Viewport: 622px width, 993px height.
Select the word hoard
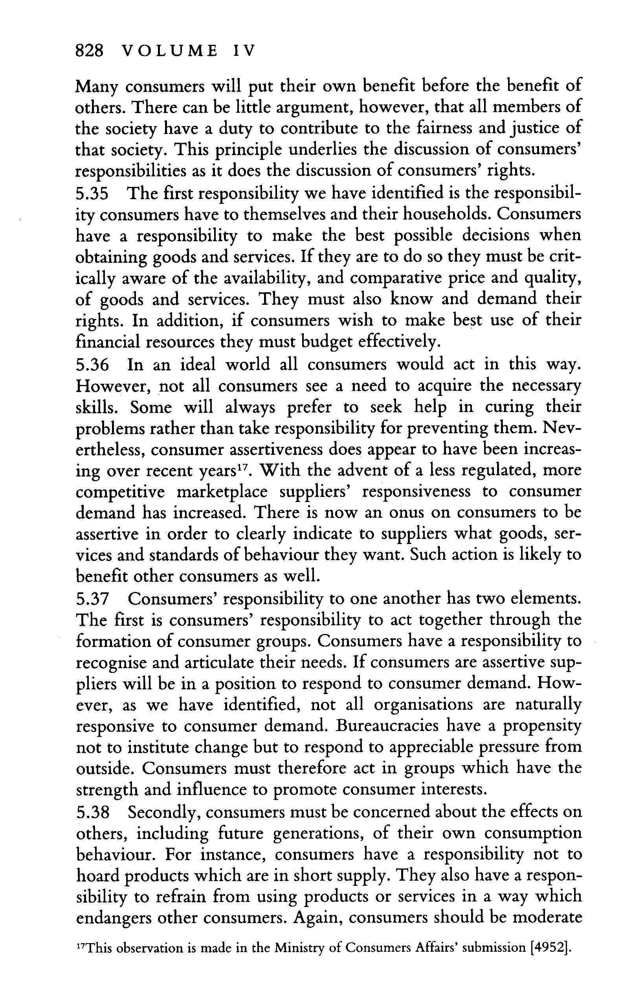coord(97,876)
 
